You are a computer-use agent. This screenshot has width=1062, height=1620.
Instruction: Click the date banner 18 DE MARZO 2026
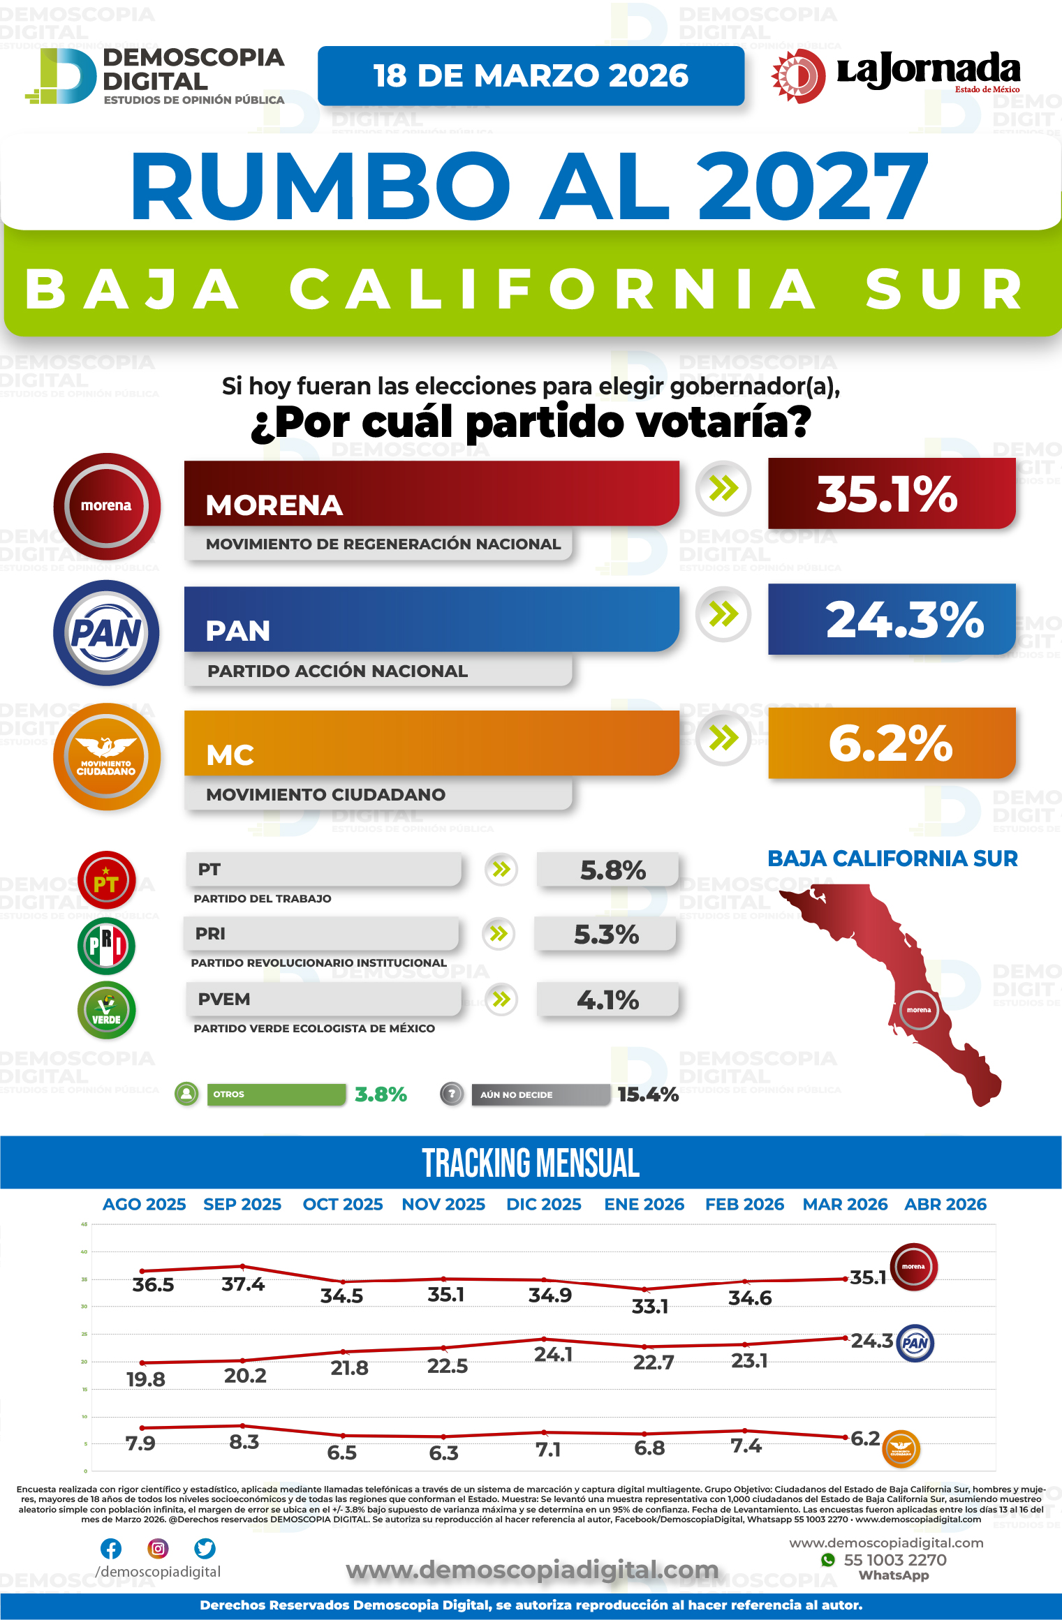[531, 75]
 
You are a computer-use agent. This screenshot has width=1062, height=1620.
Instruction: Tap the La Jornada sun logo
[798, 75]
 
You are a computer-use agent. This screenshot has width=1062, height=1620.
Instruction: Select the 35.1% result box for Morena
[891, 493]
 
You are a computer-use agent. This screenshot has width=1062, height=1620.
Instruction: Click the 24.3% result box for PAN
[891, 619]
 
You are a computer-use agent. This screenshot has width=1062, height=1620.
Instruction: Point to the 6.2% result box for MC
[891, 743]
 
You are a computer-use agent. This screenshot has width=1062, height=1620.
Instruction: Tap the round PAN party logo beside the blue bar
[106, 633]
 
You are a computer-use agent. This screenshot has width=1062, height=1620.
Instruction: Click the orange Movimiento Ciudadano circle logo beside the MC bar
[106, 757]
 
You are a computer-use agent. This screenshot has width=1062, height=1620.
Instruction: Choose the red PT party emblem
[106, 880]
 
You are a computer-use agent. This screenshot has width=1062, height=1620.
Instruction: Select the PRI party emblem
[106, 946]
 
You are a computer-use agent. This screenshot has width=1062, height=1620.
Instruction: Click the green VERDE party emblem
[106, 1010]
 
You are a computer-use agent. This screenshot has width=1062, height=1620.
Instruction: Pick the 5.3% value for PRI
[606, 935]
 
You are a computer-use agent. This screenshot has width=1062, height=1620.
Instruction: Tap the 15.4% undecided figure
[648, 1094]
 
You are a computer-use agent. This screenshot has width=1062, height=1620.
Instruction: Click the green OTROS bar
[276, 1094]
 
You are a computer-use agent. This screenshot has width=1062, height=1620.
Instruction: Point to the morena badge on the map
[919, 1010]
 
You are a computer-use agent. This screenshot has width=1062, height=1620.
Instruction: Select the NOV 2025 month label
[443, 1205]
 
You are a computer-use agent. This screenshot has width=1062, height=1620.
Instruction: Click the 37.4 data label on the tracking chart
[243, 1284]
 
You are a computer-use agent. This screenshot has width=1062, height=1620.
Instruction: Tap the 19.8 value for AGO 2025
[146, 1379]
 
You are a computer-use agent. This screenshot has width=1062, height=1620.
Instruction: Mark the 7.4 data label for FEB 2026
[746, 1446]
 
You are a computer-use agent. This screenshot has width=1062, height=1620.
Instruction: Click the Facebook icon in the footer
[111, 1549]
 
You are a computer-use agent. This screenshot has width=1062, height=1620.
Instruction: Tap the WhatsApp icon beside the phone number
[828, 1560]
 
